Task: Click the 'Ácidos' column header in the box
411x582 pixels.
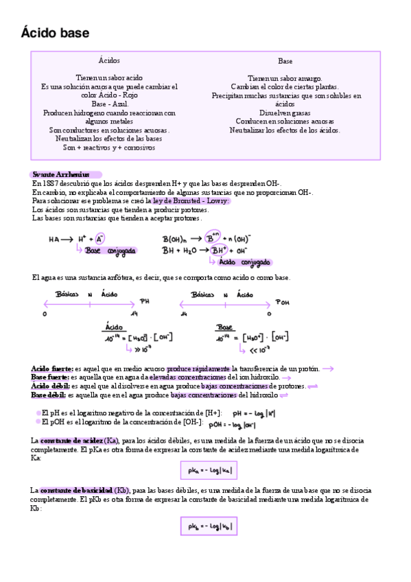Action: coord(109,61)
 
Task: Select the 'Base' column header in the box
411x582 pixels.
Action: coord(285,61)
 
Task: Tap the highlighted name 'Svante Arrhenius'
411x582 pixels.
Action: coord(61,175)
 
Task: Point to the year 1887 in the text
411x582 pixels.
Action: coord(49,184)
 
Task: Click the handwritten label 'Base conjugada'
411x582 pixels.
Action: coord(110,251)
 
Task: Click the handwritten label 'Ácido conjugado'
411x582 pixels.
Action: coord(244,262)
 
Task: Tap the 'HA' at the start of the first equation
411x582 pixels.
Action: coord(54,240)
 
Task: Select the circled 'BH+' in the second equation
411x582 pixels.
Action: coord(219,251)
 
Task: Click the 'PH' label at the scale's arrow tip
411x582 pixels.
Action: coord(144,301)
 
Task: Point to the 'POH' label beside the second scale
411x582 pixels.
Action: coord(283,301)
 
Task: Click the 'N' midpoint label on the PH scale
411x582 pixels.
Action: coord(90,293)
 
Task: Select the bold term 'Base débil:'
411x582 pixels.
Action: coord(49,395)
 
